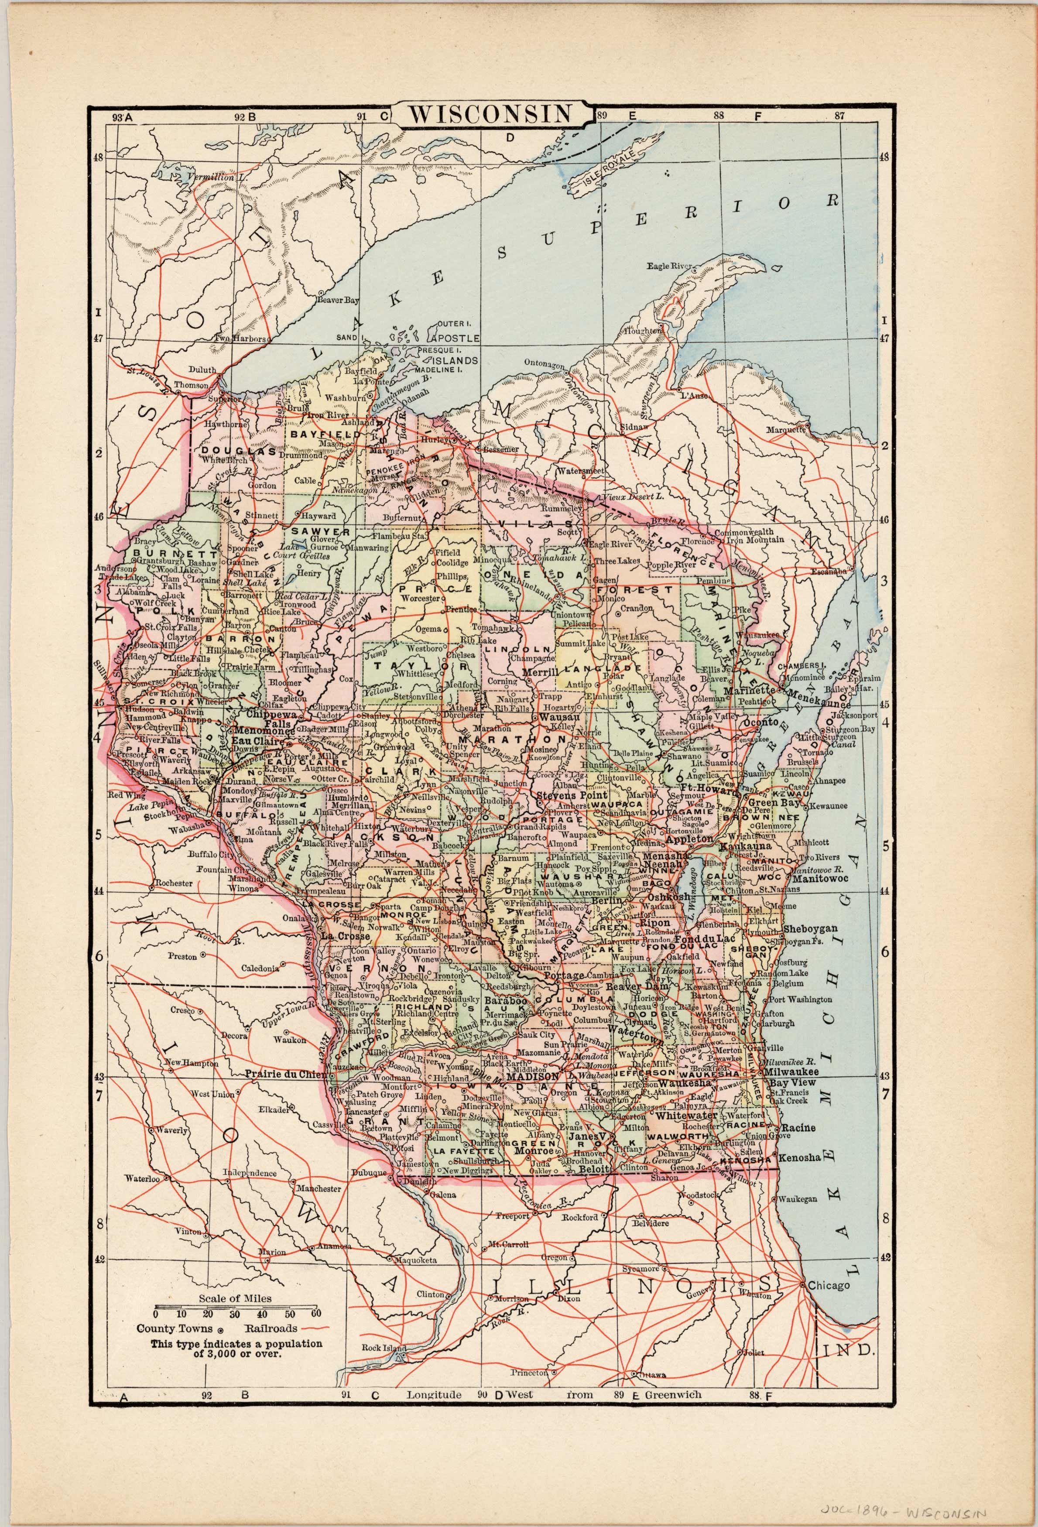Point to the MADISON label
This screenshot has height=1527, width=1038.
click(533, 1077)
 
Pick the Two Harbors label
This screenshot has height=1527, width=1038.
click(240, 339)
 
